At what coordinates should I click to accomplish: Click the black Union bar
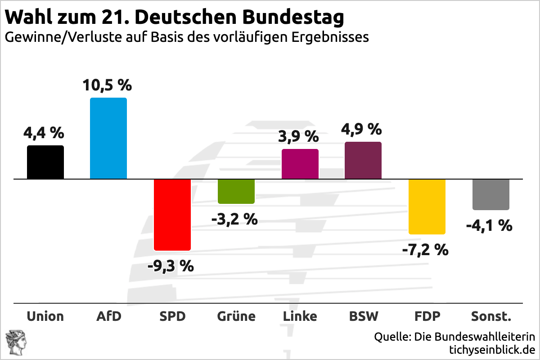point(45,162)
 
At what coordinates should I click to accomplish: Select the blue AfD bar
point(108,138)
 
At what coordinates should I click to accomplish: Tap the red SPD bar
point(172,214)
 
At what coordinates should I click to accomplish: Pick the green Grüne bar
point(236,191)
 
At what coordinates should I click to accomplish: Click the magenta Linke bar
point(300,164)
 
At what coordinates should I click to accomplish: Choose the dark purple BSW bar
point(363,160)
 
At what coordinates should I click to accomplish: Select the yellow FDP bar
point(427,207)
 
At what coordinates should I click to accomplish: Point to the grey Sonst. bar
point(490,194)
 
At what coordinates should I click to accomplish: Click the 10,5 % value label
point(107,85)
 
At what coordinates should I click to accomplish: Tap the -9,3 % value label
point(171,266)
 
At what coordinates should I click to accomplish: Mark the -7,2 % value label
point(425,249)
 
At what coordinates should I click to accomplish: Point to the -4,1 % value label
point(489,225)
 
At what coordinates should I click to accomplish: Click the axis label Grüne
point(236,316)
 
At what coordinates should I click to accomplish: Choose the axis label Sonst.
point(491,316)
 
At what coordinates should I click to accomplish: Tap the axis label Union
point(45,316)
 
